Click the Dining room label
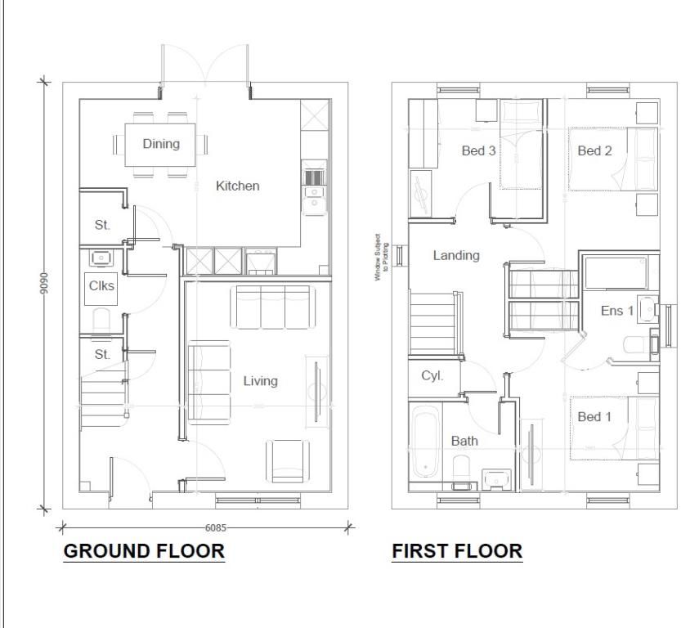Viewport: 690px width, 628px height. point(161,144)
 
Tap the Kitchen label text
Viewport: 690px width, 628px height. point(237,186)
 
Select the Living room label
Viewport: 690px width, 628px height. point(260,380)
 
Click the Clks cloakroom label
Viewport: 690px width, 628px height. point(101,286)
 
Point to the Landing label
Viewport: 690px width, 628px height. point(456,255)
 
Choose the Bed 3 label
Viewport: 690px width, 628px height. point(479,150)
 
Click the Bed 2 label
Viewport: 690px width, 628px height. point(594,150)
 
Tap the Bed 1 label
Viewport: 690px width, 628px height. point(594,417)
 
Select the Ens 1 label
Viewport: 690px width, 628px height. point(617,311)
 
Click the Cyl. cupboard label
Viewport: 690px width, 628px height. point(432,376)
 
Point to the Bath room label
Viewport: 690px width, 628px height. point(464,441)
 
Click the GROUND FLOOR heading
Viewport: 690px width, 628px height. point(144,551)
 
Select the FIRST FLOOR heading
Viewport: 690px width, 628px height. point(457,551)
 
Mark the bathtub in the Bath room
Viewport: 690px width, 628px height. point(425,442)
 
